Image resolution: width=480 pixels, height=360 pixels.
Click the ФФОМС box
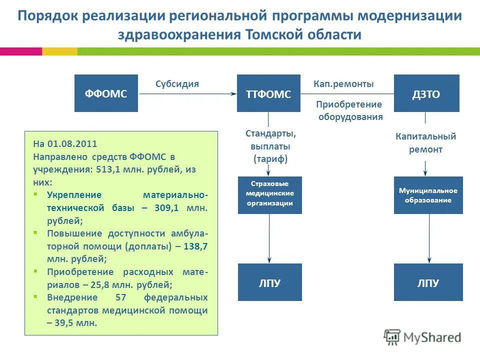105,93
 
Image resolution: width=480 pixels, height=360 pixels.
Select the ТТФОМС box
268,93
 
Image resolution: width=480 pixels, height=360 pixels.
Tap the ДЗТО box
426,93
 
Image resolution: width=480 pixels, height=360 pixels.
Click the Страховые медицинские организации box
269,195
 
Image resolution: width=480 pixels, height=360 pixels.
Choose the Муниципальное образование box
428,195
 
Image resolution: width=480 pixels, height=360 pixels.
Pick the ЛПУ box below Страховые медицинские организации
269,282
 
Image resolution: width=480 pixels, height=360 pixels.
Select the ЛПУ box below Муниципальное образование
428,282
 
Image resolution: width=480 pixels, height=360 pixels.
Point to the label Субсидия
177,84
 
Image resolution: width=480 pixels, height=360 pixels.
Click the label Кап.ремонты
343,84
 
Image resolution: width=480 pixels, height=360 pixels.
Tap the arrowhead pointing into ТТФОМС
233,93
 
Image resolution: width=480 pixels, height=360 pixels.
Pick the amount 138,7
195,246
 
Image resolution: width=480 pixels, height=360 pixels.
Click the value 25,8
101,285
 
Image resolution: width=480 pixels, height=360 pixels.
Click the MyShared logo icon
392,337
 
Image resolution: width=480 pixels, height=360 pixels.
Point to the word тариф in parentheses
270,159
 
